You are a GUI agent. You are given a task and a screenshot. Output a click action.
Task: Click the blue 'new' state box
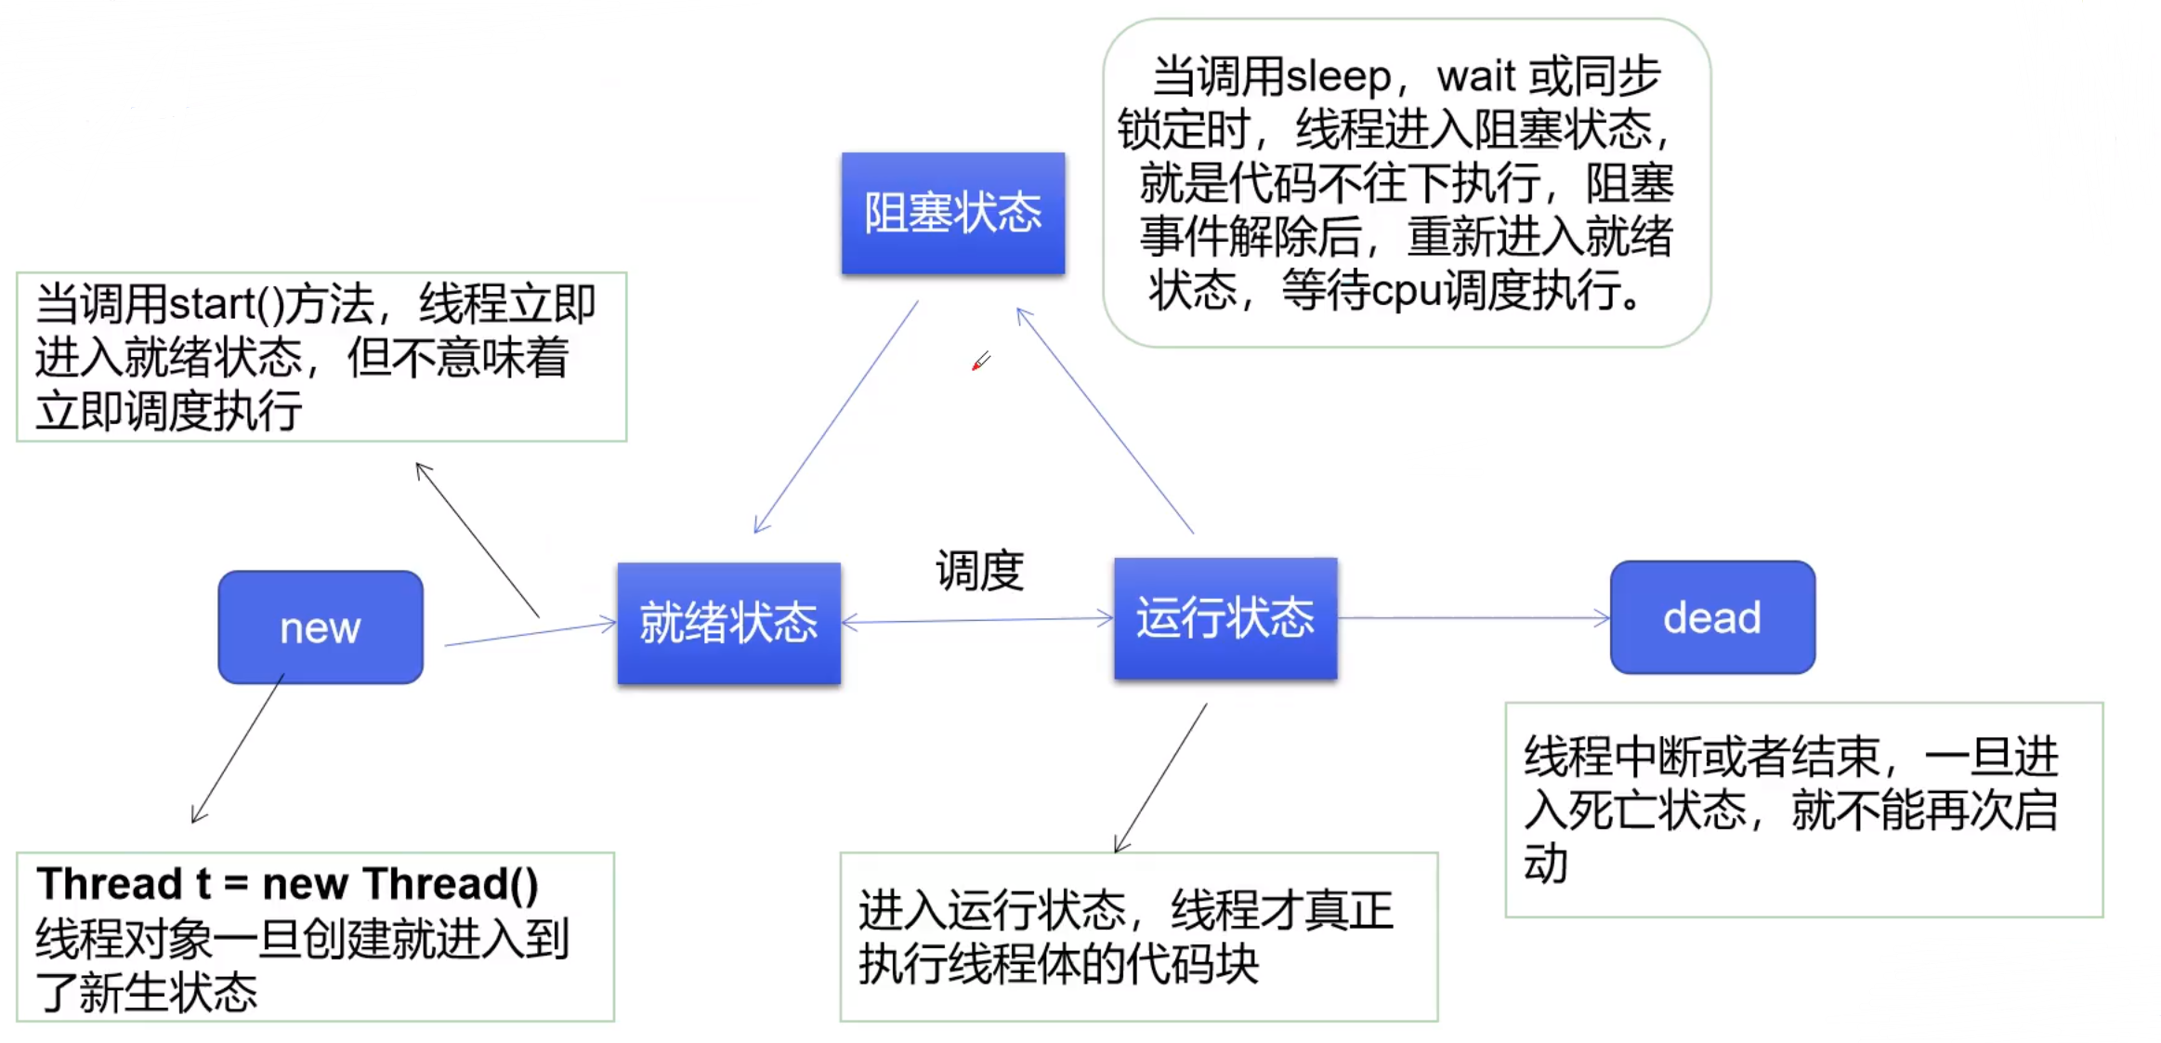321,627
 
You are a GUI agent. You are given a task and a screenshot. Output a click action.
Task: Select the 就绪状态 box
729,623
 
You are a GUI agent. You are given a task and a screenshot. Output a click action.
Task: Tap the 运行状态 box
1225,618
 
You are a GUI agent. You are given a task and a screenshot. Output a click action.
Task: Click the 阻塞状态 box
953,213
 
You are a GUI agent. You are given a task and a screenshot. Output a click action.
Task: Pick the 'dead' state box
1712,617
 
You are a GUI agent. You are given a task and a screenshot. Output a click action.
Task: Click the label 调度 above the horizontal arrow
979,571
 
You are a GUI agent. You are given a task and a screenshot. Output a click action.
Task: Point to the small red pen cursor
981,361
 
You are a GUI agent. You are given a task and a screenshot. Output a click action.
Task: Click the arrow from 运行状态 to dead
1473,617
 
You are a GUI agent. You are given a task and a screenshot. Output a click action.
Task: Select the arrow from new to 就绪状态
530,633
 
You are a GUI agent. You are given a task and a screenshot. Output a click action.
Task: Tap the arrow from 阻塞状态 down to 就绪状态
836,416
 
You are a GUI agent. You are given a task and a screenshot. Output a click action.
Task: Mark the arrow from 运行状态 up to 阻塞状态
1106,421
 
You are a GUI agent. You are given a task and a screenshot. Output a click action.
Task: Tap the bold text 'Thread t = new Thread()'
287,883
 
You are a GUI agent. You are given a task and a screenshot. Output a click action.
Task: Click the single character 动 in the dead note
1545,864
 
